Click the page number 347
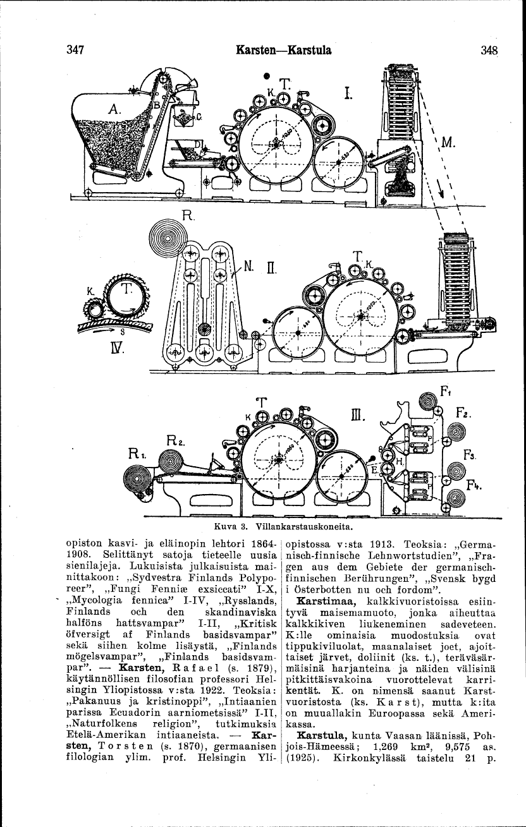(75, 50)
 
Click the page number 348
(489, 51)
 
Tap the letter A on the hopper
(115, 109)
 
